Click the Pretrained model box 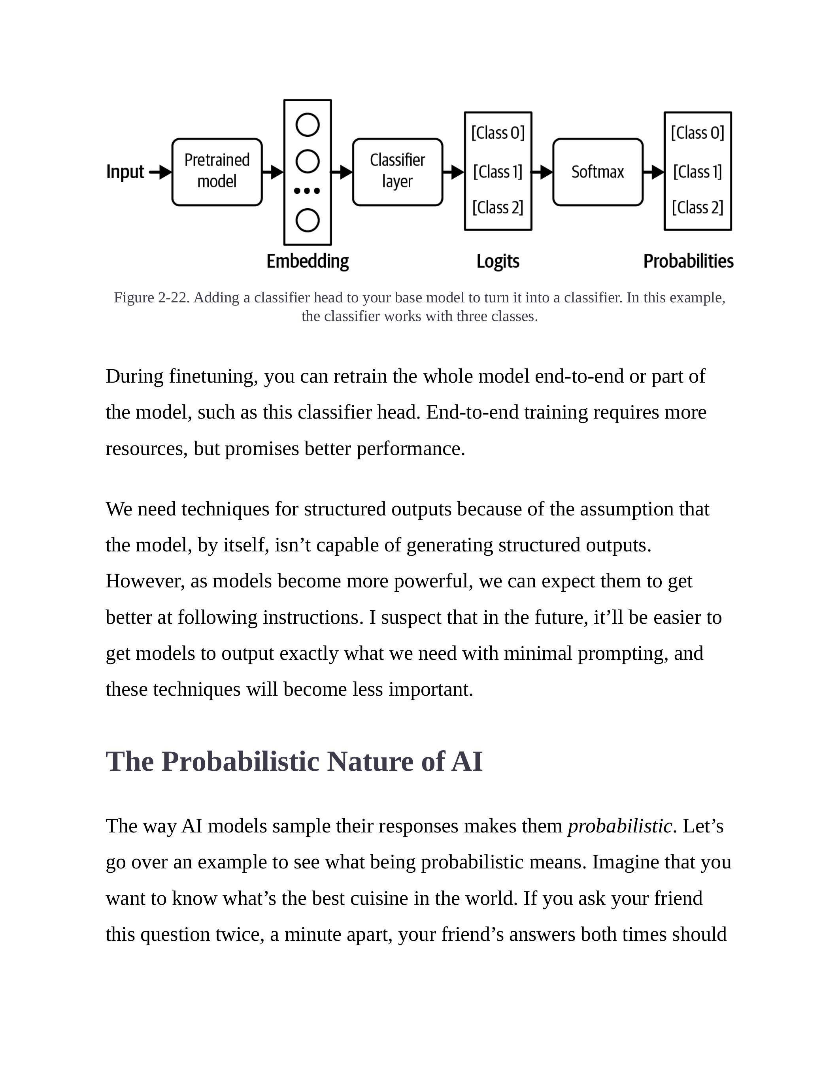tap(217, 172)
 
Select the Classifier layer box tap(397, 172)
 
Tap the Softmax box tap(598, 172)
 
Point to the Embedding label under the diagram tap(308, 261)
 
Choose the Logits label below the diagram tap(498, 261)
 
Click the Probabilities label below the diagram tap(688, 261)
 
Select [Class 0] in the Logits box tap(498, 133)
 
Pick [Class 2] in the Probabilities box tap(698, 208)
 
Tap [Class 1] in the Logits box tap(498, 172)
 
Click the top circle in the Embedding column tap(308, 125)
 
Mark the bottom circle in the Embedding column tap(308, 221)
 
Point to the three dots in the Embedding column tap(307, 191)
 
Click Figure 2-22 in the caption tap(151, 298)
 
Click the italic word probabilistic tap(619, 826)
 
